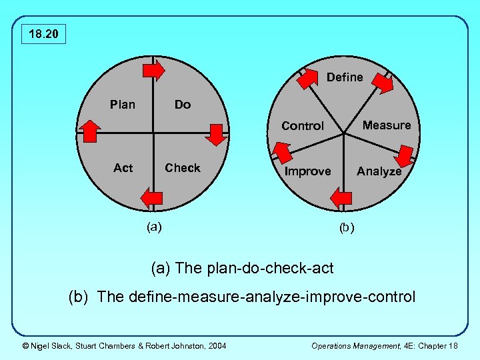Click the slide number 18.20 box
(x=43, y=33)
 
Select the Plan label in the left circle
(x=123, y=104)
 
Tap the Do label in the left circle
(x=182, y=104)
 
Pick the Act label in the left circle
(x=123, y=168)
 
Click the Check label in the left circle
(x=182, y=168)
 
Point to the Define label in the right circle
(x=345, y=77)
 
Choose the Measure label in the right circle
(x=387, y=125)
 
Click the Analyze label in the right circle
(x=379, y=171)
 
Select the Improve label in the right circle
(x=307, y=171)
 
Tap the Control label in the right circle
(x=303, y=125)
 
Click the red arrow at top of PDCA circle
(x=155, y=70)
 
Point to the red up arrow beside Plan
(x=89, y=131)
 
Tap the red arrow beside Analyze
(x=403, y=157)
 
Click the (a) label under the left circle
(x=154, y=226)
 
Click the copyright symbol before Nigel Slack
(x=25, y=345)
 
